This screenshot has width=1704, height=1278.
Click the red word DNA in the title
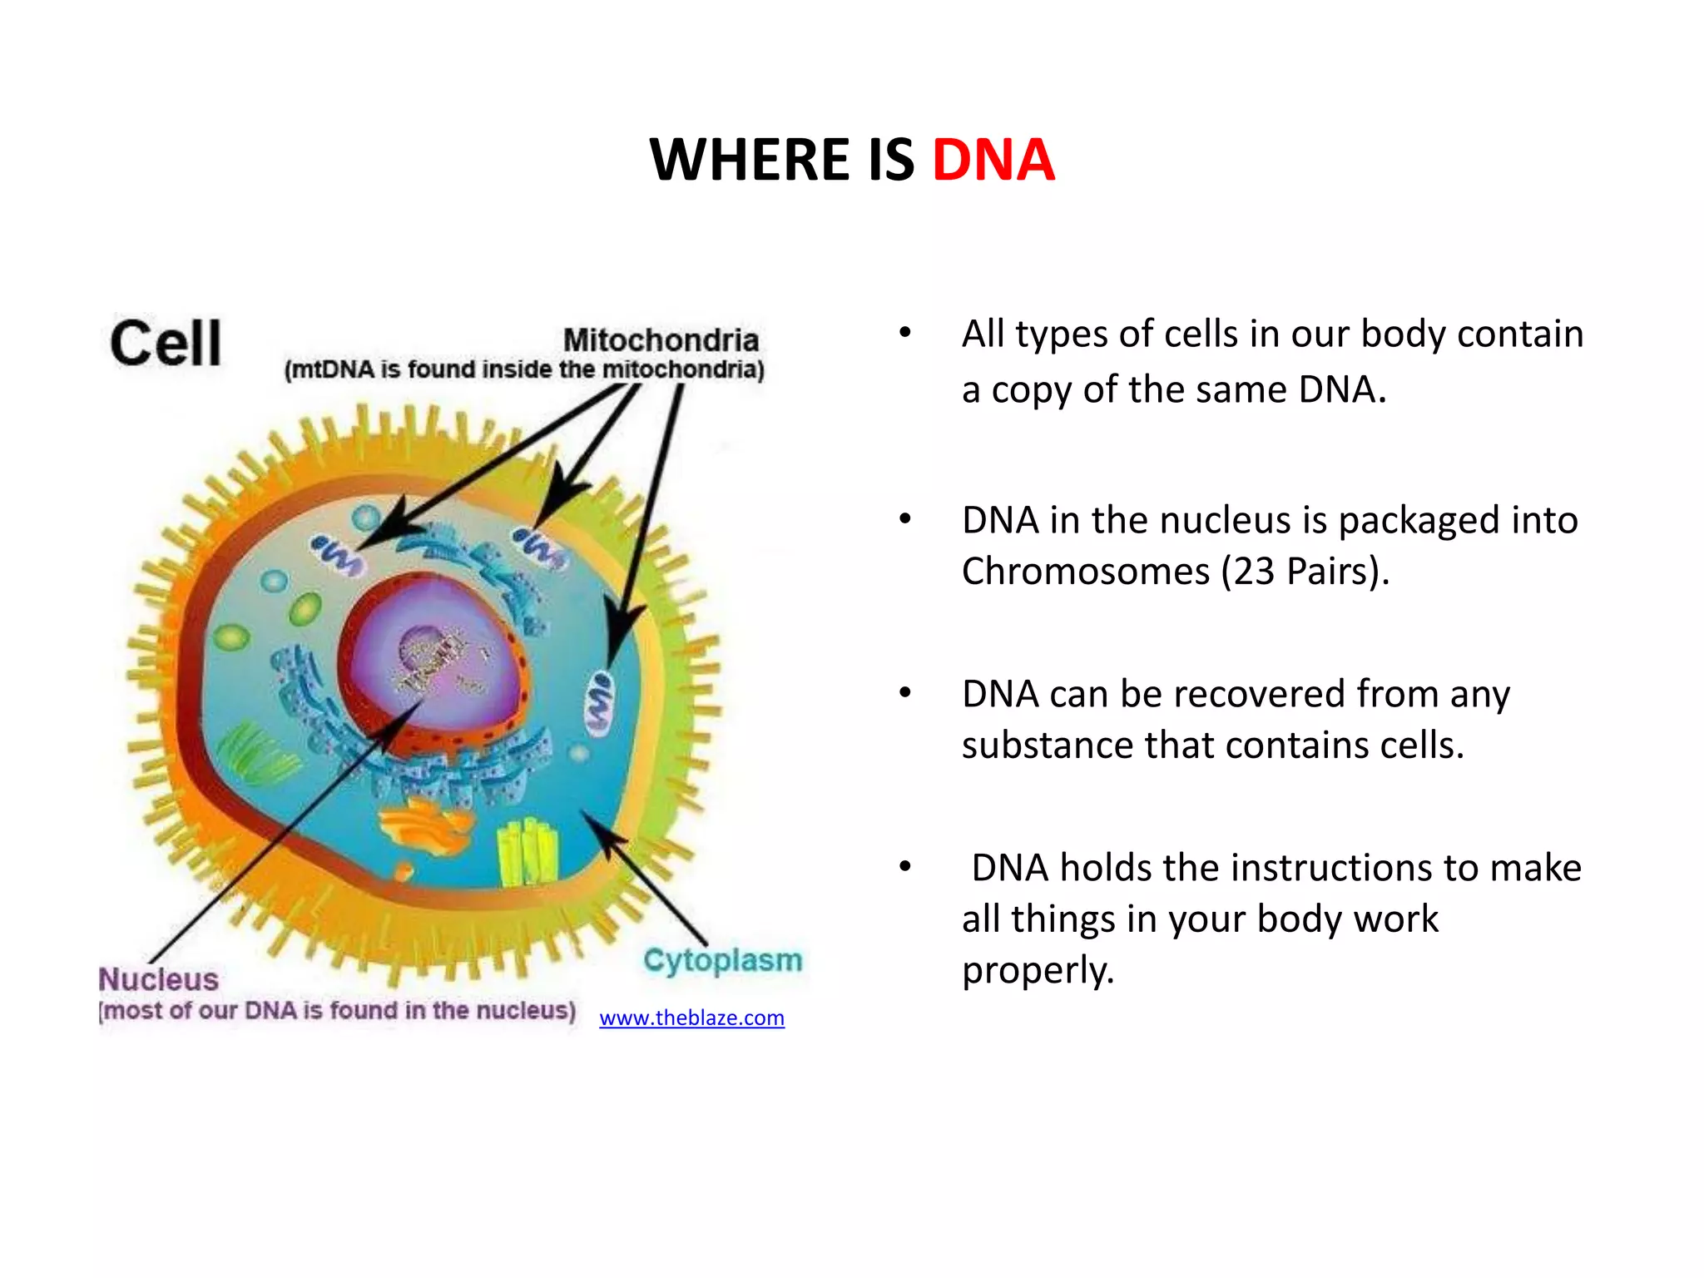point(993,160)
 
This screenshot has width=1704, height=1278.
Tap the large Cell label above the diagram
point(166,343)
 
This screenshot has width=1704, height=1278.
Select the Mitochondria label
point(661,340)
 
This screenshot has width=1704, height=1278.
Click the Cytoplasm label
point(722,960)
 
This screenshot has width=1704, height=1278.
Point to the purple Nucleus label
point(158,979)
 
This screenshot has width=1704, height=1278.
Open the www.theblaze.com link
point(691,1018)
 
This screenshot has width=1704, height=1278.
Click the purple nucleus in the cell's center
point(441,657)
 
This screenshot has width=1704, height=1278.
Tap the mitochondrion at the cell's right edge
point(598,703)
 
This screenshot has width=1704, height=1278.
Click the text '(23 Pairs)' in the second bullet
point(1304,572)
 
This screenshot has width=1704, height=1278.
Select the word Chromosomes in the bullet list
point(1085,572)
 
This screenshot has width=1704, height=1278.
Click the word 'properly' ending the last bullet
point(1037,970)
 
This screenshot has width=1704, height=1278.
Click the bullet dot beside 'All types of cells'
point(905,334)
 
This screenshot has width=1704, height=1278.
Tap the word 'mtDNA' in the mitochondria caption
point(333,369)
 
